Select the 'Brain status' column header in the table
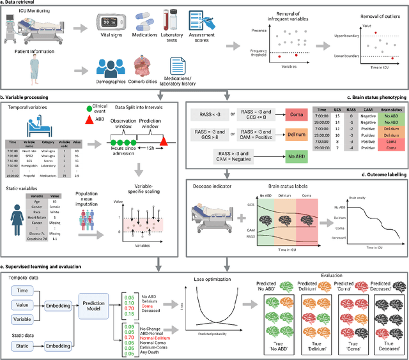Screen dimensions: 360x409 click(x=392, y=110)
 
